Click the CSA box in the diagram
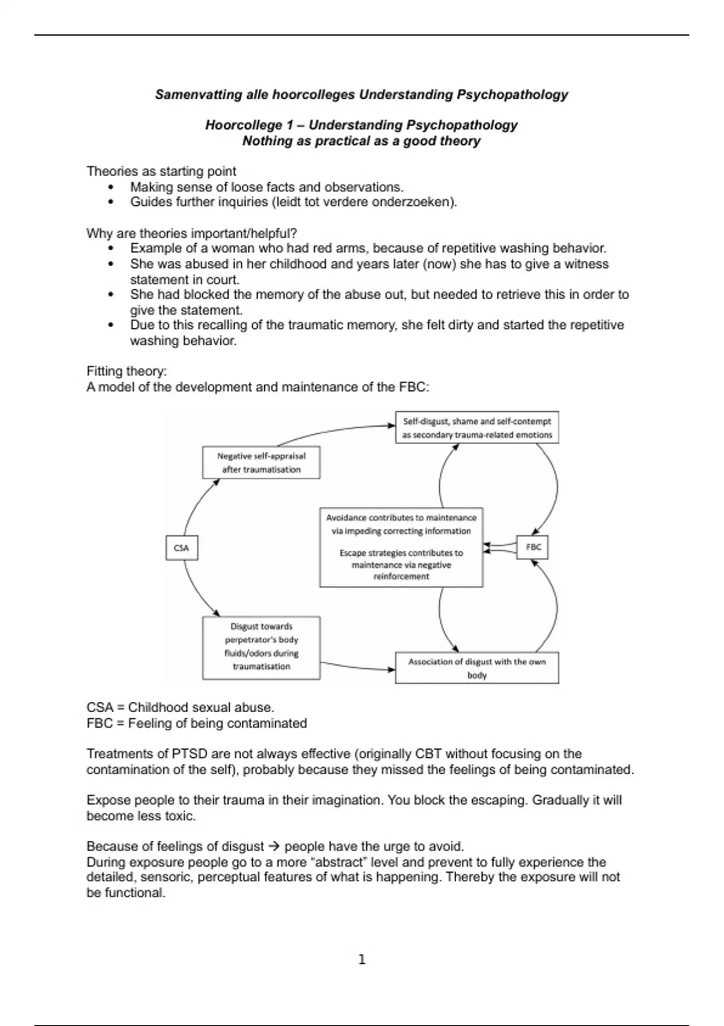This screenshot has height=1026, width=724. click(x=182, y=548)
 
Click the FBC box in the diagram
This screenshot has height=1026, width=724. click(x=533, y=547)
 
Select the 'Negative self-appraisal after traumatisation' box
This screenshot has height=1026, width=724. click(x=261, y=463)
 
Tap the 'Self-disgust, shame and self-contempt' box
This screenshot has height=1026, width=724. click(x=477, y=428)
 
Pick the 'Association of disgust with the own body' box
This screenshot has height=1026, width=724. click(x=477, y=668)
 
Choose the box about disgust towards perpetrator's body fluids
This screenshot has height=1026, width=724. click(x=261, y=647)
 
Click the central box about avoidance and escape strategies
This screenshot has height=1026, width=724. click(x=401, y=547)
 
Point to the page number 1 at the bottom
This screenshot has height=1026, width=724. click(x=362, y=960)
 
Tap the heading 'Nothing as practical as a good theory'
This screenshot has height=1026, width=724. click(x=361, y=141)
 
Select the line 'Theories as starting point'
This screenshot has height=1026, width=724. click(x=161, y=171)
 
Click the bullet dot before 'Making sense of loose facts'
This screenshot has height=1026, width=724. click(x=110, y=187)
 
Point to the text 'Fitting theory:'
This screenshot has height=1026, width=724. click(x=126, y=371)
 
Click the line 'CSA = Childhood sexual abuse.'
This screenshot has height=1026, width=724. click(x=180, y=707)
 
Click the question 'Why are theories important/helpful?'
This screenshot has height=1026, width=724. click(x=191, y=234)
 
